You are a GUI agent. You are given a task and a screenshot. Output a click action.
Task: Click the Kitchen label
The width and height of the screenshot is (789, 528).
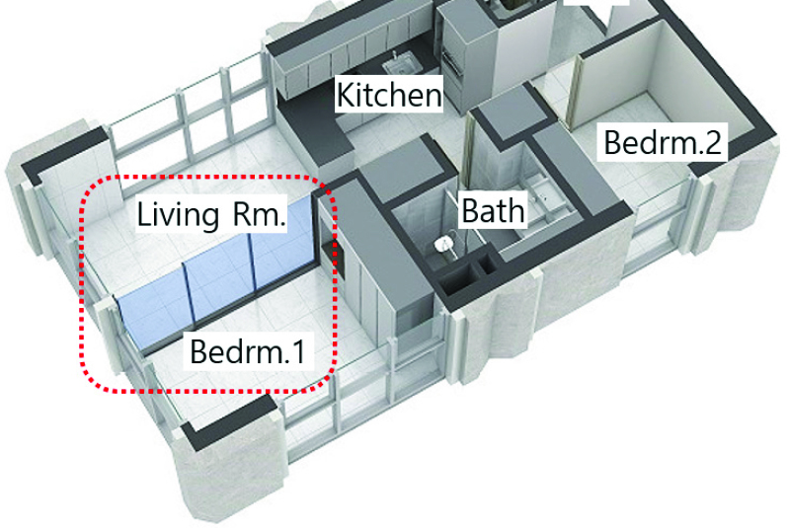point(388,95)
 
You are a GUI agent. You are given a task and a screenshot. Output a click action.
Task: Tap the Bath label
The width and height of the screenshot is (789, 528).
point(493,209)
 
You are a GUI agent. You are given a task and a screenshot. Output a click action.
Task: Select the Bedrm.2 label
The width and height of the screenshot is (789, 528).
point(663,143)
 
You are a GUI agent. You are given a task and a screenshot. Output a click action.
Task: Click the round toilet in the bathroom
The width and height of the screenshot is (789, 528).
point(444,244)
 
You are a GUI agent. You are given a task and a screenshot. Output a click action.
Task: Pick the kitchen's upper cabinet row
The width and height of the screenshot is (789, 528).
point(336,49)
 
